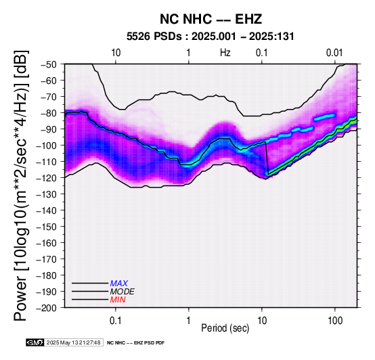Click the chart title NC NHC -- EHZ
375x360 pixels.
click(x=211, y=19)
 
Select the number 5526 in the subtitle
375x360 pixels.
click(x=139, y=37)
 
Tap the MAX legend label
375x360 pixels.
click(x=119, y=284)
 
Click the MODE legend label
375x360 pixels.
click(x=123, y=292)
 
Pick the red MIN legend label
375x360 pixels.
click(x=118, y=300)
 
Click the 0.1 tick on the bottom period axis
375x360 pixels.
click(x=116, y=321)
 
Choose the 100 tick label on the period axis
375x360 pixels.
click(x=335, y=321)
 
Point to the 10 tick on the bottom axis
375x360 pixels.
click(x=262, y=321)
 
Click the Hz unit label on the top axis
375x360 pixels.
click(x=225, y=53)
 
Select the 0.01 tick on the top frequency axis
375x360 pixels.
click(x=334, y=53)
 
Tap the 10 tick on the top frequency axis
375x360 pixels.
click(x=116, y=53)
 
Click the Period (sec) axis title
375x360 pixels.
click(x=225, y=328)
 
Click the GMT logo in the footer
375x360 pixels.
click(x=35, y=342)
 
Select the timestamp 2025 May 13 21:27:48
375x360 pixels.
click(x=73, y=342)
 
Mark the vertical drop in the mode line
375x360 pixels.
click(x=267, y=158)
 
